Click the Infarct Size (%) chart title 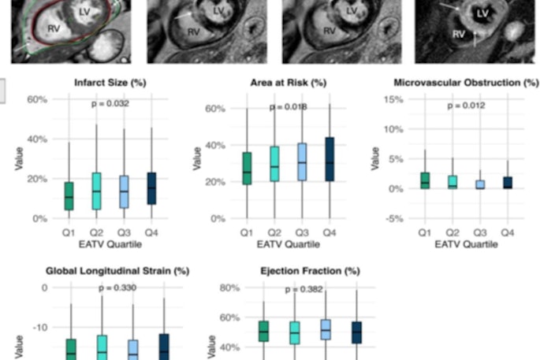point(110,83)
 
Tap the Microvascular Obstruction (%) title point(466,83)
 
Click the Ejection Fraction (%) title point(310,271)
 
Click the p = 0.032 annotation point(110,103)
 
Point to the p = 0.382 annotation point(303,290)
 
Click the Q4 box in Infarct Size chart point(151,188)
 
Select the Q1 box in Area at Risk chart point(247,168)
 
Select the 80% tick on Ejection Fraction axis point(228,288)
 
